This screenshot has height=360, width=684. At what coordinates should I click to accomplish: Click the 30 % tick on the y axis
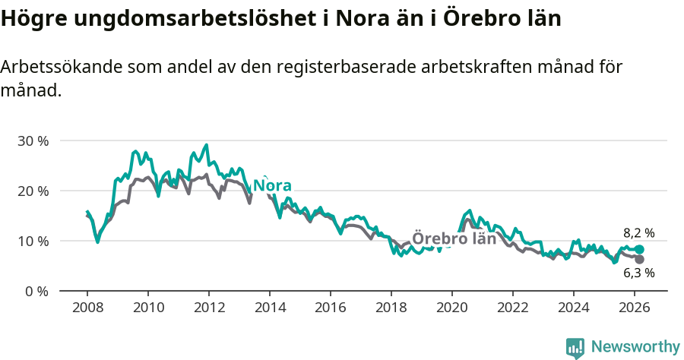(x=33, y=141)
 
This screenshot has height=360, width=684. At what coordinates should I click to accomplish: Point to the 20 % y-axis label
(x=33, y=191)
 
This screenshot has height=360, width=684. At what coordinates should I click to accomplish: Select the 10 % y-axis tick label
(x=33, y=241)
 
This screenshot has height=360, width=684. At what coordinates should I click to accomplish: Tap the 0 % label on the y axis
(x=36, y=291)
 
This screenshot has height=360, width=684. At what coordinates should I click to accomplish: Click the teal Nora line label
(x=272, y=186)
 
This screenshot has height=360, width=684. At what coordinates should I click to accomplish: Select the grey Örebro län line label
(x=454, y=238)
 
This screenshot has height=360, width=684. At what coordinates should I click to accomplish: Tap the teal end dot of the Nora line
(x=640, y=250)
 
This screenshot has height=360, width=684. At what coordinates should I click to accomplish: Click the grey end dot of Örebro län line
(x=640, y=260)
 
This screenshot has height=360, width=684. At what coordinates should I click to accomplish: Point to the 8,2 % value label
(x=638, y=233)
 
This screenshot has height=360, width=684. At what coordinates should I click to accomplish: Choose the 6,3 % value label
(x=638, y=273)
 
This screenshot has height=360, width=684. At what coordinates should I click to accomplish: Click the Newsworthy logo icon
(x=575, y=347)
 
